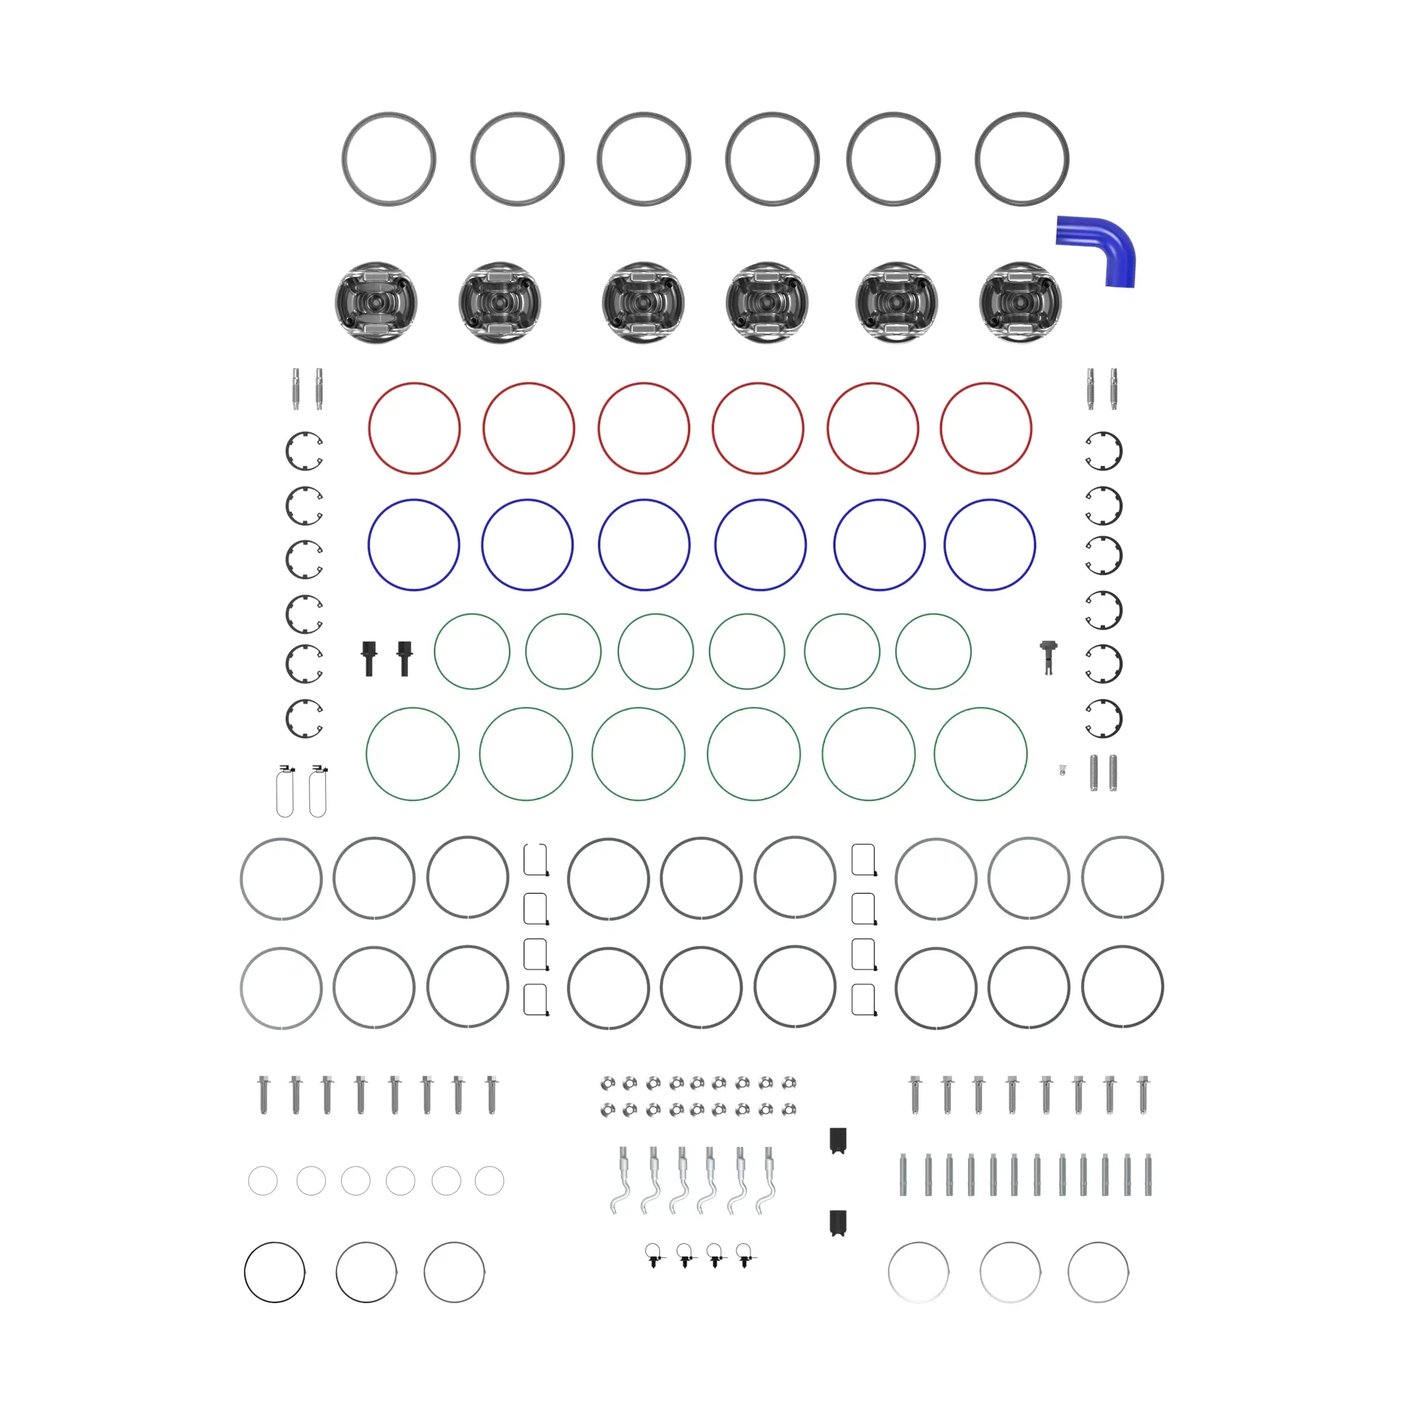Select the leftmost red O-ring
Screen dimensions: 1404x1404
point(369,428)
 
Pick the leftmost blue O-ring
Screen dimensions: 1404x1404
point(369,545)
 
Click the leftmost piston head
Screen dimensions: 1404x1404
point(376,303)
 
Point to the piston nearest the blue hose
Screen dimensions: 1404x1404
point(1019,303)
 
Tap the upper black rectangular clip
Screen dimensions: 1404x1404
point(838,1140)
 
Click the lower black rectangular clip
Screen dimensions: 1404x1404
point(838,1222)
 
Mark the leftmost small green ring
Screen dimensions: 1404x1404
point(435,651)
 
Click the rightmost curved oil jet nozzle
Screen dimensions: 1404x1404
point(767,1180)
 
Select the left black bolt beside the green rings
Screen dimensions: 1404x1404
point(369,657)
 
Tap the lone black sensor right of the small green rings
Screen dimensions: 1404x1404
point(1048,656)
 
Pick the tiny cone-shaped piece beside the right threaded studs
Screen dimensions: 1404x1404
point(1062,769)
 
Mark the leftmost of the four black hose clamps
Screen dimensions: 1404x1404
point(655,1255)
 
